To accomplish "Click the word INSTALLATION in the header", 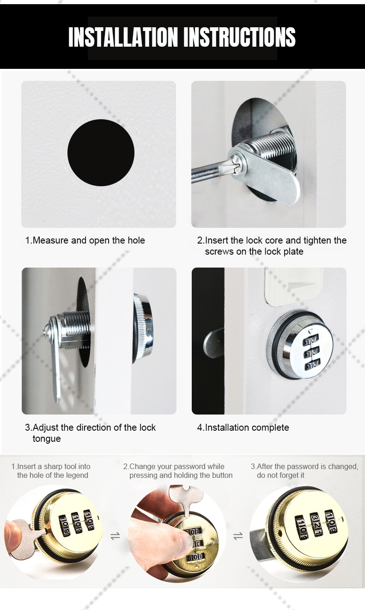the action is coord(123,37).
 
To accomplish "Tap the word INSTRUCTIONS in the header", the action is coord(239,37).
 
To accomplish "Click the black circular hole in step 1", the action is coord(101,153).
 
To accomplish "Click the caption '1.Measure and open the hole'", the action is coord(85,240).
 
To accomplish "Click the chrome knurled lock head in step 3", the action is coord(143,329).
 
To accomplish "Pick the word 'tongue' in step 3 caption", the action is coord(47,439).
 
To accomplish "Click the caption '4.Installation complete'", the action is coord(243,427).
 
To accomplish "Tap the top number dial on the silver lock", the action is coord(310,341).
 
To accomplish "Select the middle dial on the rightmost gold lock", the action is coord(316,524).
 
